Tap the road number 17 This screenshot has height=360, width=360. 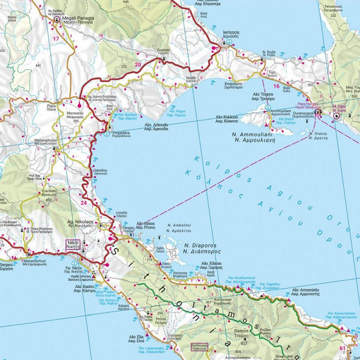56,39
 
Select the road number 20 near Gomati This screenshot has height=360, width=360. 139,64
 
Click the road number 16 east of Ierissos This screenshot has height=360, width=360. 276,86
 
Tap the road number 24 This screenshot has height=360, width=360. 83,203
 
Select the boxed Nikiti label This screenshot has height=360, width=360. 73,244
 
